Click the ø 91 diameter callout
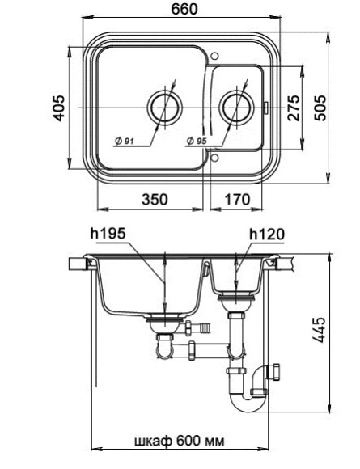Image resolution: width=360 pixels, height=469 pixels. (x=123, y=142)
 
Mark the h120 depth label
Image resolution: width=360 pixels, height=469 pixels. (x=266, y=234)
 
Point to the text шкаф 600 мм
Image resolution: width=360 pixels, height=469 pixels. (x=179, y=441)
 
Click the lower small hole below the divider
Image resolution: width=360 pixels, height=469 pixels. (x=214, y=158)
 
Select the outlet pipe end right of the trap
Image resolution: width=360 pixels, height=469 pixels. (x=277, y=373)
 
